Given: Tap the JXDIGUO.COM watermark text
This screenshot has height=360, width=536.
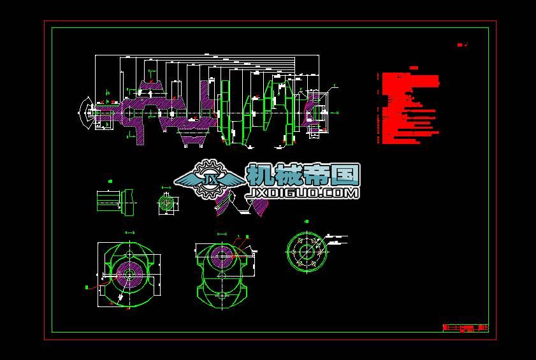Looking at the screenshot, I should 302,191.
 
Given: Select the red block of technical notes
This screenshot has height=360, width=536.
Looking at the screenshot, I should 408,108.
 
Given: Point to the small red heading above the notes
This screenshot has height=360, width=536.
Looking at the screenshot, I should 414,68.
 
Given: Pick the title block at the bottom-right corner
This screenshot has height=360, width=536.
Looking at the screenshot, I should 465,328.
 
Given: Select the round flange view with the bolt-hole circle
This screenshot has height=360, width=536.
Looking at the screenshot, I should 307,250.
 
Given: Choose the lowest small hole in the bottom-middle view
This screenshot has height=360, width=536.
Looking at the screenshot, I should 221,296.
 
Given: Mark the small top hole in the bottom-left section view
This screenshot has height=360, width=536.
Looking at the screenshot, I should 129,254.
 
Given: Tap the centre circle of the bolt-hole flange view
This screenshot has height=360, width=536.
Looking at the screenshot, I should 307,250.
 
